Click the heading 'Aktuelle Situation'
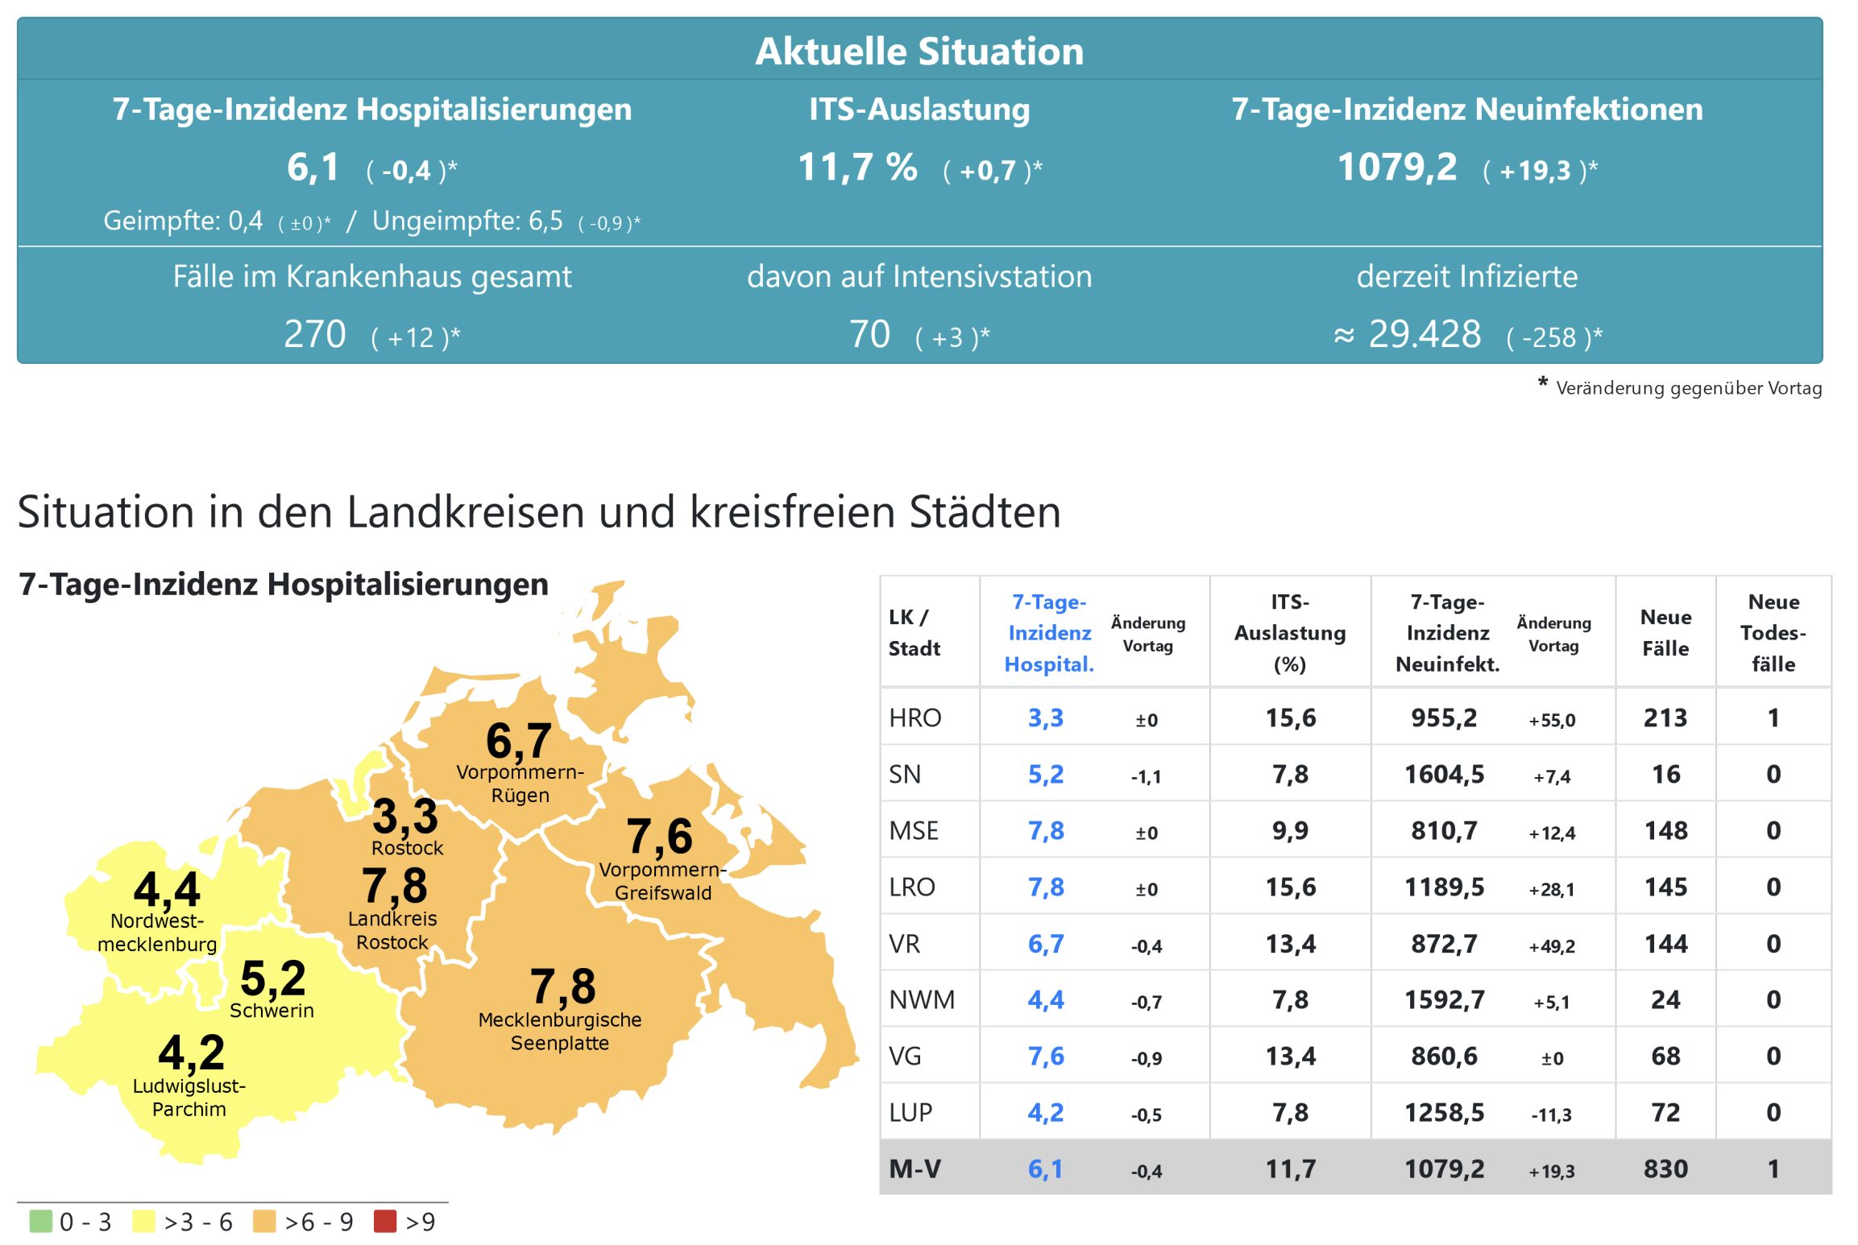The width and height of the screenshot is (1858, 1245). (x=919, y=51)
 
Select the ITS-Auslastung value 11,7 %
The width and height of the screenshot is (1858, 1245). (x=857, y=168)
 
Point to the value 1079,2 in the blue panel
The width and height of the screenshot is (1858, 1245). (x=1396, y=168)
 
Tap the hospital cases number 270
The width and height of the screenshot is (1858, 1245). (x=314, y=334)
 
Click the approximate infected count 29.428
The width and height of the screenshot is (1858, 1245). (x=1424, y=334)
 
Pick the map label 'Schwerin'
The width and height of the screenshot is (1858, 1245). (x=272, y=1011)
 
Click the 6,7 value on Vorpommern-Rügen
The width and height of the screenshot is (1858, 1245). (x=518, y=741)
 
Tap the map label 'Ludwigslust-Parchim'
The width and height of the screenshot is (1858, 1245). (x=189, y=1098)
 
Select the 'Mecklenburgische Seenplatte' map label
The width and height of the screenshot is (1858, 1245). (x=560, y=1032)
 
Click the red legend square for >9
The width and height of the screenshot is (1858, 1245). (x=385, y=1221)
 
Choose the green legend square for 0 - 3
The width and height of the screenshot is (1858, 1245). (x=40, y=1221)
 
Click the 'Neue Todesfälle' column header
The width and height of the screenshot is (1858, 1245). (x=1773, y=633)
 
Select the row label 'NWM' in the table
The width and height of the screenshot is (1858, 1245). (x=921, y=1000)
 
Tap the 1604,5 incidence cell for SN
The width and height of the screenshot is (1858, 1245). (x=1444, y=775)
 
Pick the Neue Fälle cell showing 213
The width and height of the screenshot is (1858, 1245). (x=1665, y=718)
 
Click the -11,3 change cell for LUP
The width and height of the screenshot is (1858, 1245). (x=1551, y=1115)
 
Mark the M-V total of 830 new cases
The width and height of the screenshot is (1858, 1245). (x=1665, y=1169)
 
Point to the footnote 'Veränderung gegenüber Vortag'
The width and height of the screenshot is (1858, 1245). (x=1688, y=388)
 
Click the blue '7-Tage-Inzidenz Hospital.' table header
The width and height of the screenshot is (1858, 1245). (x=1049, y=633)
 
